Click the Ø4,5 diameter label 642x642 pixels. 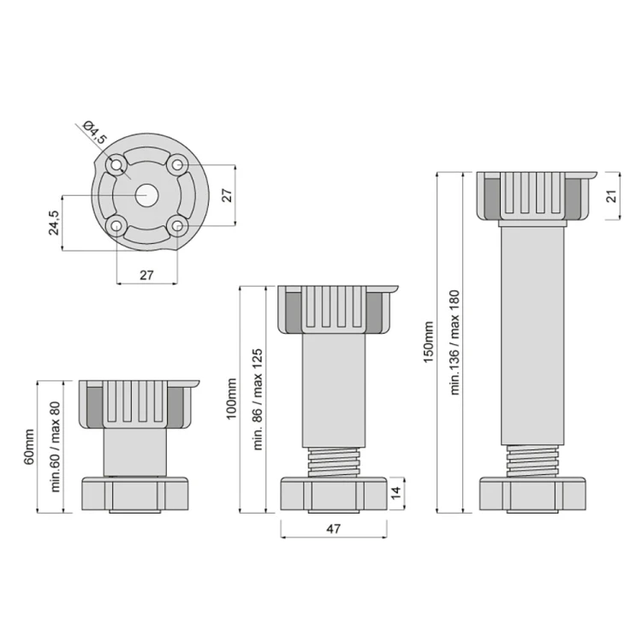pos(95,135)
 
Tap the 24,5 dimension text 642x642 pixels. pos(53,223)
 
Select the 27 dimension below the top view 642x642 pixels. pos(146,276)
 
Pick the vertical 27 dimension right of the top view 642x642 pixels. pos(227,194)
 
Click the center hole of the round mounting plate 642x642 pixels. pos(146,194)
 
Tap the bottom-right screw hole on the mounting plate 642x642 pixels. pos(176,225)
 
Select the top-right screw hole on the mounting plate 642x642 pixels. pos(176,163)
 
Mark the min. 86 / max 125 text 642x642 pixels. pos(255,399)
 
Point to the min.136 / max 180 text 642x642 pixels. pos(455,342)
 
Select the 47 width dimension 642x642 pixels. pos(334,529)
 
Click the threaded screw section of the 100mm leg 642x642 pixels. pos(334,460)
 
